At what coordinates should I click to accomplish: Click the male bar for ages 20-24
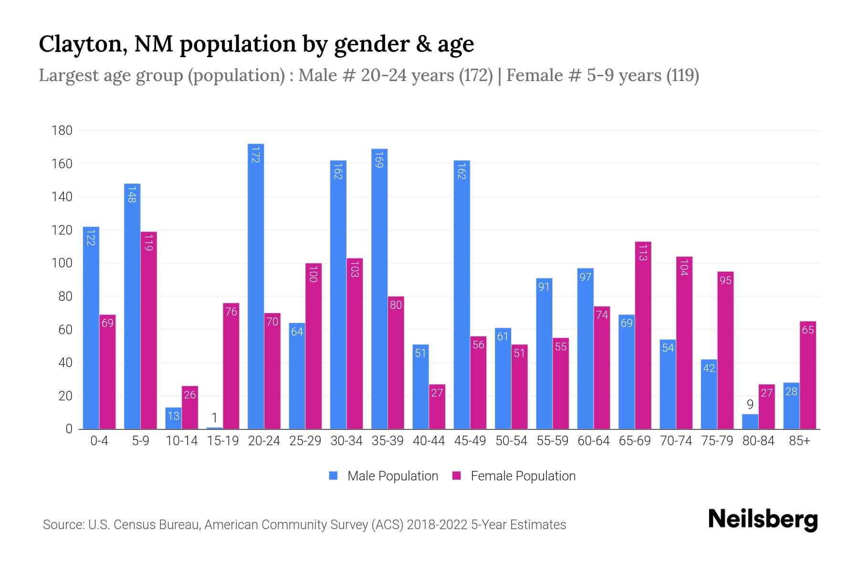(x=256, y=286)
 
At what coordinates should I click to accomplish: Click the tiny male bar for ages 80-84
(x=750, y=422)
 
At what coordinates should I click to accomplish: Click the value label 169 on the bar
(x=379, y=160)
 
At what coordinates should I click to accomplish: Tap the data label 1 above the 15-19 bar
(x=215, y=418)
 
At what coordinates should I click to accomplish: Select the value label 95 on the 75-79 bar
(x=725, y=280)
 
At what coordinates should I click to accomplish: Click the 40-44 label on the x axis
(x=429, y=441)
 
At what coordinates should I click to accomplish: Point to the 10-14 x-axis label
(x=181, y=441)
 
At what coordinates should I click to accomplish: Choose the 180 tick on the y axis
(x=62, y=131)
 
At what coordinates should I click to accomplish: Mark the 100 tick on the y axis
(x=62, y=263)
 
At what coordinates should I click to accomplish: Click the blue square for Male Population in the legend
(x=333, y=476)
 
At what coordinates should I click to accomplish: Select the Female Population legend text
(x=523, y=476)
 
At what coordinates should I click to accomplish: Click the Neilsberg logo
(x=763, y=520)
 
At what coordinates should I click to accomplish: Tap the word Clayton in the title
(x=83, y=44)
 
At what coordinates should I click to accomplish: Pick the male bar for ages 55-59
(x=544, y=353)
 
